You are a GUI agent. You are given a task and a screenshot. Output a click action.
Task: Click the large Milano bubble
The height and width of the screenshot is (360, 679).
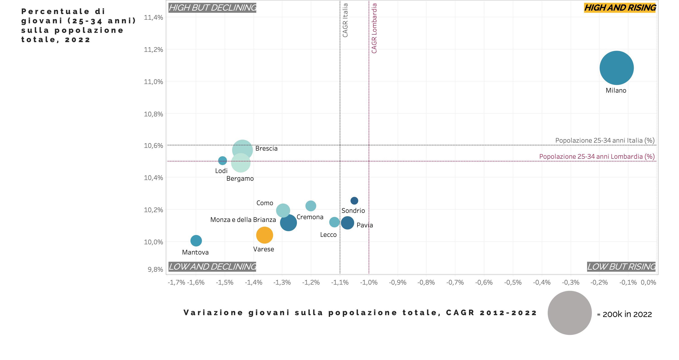click(616, 68)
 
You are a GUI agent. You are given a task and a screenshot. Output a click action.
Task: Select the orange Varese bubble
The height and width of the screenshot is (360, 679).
click(264, 235)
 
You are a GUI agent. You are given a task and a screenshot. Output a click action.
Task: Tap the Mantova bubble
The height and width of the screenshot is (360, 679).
click(196, 240)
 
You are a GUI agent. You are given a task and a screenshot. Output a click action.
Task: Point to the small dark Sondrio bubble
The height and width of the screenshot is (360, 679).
click(354, 201)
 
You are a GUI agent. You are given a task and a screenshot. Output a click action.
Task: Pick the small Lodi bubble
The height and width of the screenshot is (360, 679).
click(222, 160)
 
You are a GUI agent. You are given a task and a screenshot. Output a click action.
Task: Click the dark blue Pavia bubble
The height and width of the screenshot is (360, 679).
click(347, 223)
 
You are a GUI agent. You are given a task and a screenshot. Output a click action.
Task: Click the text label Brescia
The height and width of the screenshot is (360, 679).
click(266, 149)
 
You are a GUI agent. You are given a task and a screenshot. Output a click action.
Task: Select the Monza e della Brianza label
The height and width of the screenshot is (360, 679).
click(243, 220)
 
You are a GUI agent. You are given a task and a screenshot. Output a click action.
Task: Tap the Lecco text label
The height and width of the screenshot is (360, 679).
click(328, 235)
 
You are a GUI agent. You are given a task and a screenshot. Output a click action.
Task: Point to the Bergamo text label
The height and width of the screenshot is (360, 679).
click(240, 179)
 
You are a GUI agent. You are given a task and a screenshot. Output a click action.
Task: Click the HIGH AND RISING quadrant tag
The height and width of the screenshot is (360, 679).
click(620, 8)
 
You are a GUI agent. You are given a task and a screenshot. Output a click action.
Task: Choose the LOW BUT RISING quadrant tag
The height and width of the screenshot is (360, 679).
click(621, 267)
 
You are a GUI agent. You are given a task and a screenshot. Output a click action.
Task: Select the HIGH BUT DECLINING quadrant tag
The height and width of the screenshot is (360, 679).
click(212, 8)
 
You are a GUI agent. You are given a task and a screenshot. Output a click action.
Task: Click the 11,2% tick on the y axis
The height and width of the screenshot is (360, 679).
click(153, 50)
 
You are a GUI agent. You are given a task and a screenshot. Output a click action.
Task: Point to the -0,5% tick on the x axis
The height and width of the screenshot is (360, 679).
click(513, 283)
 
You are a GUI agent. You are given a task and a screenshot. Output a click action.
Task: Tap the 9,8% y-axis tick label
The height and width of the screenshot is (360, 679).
click(155, 269)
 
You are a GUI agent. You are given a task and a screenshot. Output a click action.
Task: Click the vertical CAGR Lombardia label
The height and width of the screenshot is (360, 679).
click(374, 28)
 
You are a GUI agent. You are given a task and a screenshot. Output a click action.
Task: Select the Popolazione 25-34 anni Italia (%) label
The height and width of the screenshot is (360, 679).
click(605, 140)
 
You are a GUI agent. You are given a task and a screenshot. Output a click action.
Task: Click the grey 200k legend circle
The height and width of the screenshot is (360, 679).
click(570, 313)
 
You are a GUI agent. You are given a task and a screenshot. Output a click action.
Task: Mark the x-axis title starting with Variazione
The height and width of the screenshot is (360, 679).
click(360, 312)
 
